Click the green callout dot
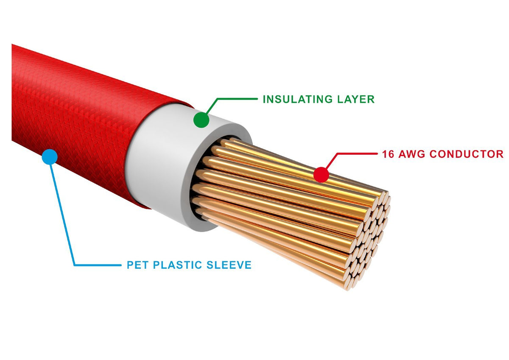pos(201,120)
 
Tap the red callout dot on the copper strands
pos(322,174)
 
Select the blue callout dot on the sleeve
pos(50,157)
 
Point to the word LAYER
pos(356,100)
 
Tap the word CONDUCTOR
pos(466,154)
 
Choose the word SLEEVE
pos(229,265)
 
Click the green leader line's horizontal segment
pos(237,99)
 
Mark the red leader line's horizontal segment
pos(356,154)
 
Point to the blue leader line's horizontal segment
pos(98,265)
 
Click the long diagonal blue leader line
pos(62,214)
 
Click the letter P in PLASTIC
pos(157,265)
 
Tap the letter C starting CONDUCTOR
pos(433,154)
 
